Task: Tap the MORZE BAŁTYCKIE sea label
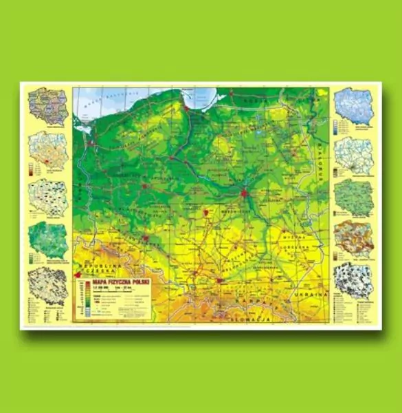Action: pos(100,100)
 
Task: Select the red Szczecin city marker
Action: pos(89,143)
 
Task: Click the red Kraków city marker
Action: pos(219,280)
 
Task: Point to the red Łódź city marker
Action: pos(205,213)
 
